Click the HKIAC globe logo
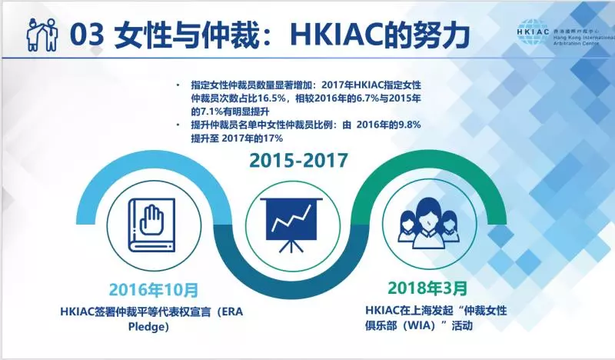point(534,32)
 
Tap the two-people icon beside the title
point(42,34)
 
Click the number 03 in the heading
point(87,35)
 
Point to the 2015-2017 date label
point(299,160)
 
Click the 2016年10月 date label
point(154,290)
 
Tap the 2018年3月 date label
point(427,288)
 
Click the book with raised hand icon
point(152,225)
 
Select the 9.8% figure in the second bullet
point(410,125)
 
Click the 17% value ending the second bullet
point(274,138)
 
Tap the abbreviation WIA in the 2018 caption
point(421,325)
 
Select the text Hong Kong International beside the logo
point(584,37)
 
